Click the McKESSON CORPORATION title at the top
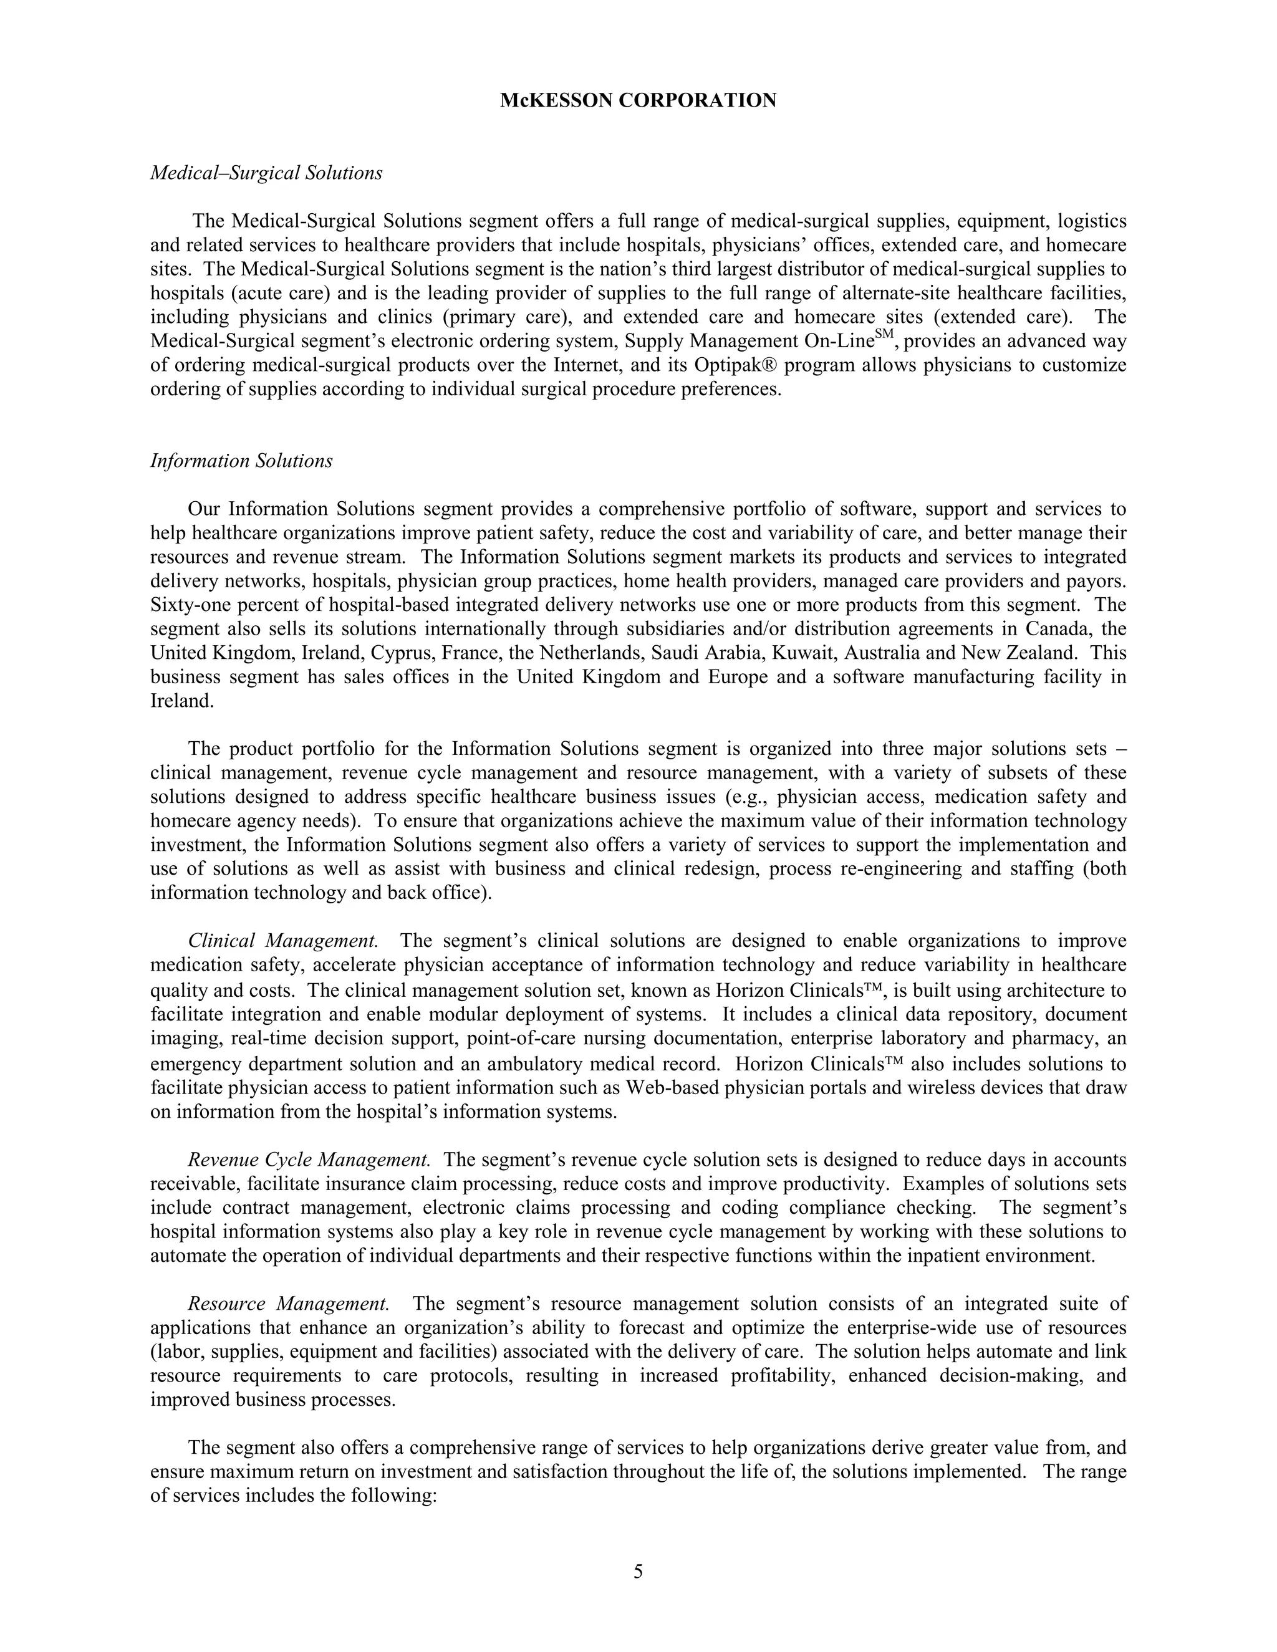(x=638, y=100)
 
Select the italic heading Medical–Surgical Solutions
(x=266, y=173)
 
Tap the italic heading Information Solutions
(x=241, y=461)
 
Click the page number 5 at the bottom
(x=638, y=1572)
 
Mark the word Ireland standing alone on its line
(x=181, y=701)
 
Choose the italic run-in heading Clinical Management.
(x=283, y=941)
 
